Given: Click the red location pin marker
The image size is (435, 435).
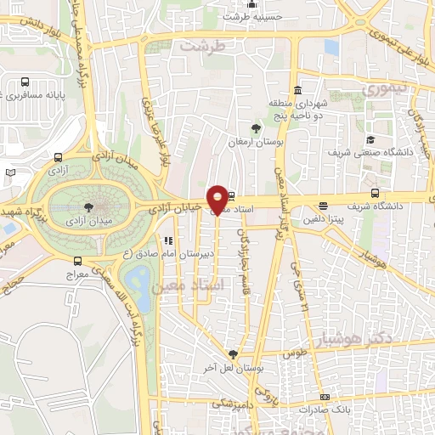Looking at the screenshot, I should pyautogui.click(x=217, y=199).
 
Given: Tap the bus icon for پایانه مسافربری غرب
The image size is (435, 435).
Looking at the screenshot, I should pyautogui.click(x=25, y=83).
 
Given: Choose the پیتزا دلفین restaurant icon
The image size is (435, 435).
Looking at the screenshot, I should pyautogui.click(x=323, y=206).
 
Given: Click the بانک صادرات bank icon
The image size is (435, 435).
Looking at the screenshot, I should pyautogui.click(x=324, y=398).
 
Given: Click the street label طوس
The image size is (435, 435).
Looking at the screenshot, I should pyautogui.click(x=295, y=351).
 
